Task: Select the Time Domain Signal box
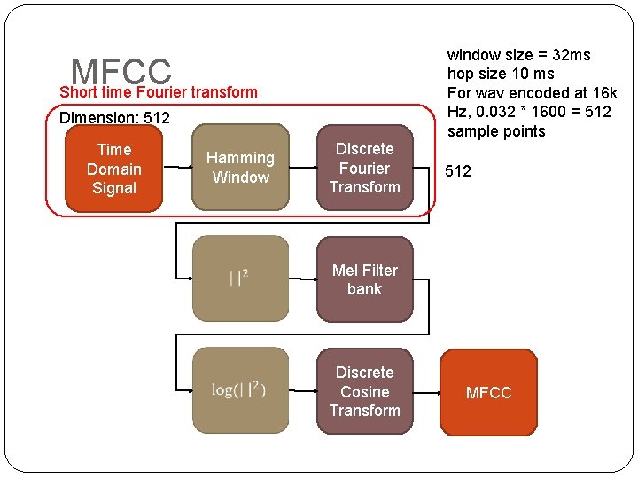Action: pos(114,169)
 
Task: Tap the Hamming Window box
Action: pos(240,168)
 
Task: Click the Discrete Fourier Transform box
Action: pos(364,168)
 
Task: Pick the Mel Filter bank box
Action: pos(364,279)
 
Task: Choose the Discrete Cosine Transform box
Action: pos(364,391)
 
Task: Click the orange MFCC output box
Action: pos(488,393)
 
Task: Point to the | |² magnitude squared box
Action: pos(240,279)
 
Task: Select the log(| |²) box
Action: pos(240,390)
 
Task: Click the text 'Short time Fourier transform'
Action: pos(159,92)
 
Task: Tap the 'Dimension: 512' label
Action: pos(114,118)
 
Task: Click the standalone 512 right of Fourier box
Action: pos(458,171)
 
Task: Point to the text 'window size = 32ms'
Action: pos(518,55)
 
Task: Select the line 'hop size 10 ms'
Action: pos(501,74)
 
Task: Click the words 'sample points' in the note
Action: pos(496,132)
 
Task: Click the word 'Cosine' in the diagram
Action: pos(364,391)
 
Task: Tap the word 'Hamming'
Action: pos(240,158)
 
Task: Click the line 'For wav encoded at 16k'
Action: pos(532,93)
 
